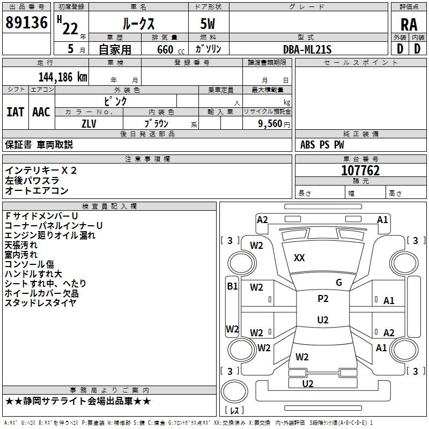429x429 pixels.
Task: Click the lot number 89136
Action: [x=26, y=23]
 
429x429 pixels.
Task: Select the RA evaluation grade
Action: [x=409, y=24]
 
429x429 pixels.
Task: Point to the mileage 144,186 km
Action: [x=63, y=77]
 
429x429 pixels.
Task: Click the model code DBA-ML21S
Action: [x=307, y=49]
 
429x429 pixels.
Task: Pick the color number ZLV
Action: [x=89, y=123]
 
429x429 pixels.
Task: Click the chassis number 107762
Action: [x=360, y=171]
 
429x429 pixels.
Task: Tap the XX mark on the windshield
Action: [x=299, y=258]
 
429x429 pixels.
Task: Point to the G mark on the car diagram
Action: [x=339, y=283]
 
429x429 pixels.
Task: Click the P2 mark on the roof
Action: [x=323, y=299]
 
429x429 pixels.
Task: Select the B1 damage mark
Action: [x=232, y=286]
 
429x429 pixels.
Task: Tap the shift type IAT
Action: [x=15, y=112]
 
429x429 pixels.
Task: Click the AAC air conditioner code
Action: [x=41, y=112]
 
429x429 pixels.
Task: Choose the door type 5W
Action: [x=208, y=24]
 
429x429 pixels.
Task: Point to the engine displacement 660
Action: [x=165, y=49]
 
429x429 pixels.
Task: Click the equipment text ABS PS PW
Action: [x=322, y=145]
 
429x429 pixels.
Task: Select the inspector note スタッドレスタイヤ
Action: [x=41, y=303]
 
